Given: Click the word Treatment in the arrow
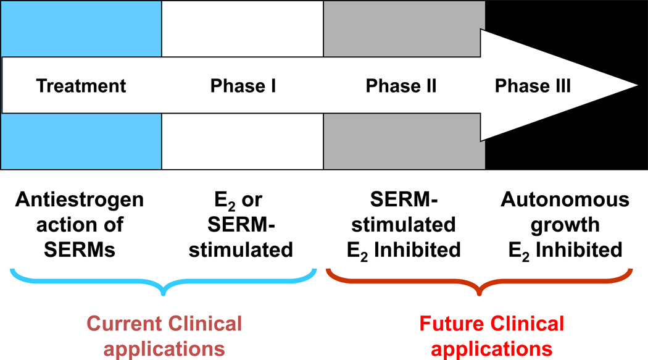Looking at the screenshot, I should [x=81, y=86].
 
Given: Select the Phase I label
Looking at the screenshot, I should [x=243, y=86].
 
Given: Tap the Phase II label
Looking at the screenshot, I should [x=401, y=86].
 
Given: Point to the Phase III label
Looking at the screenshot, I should [x=533, y=86].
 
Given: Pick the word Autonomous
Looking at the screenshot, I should [x=565, y=201].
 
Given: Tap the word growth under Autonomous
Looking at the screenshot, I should [x=565, y=225].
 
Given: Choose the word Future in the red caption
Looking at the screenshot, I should [x=449, y=324].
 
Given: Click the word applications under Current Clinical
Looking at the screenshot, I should [x=164, y=348].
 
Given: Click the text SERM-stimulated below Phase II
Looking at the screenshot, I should [x=410, y=213].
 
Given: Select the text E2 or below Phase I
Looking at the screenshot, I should [x=243, y=201].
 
